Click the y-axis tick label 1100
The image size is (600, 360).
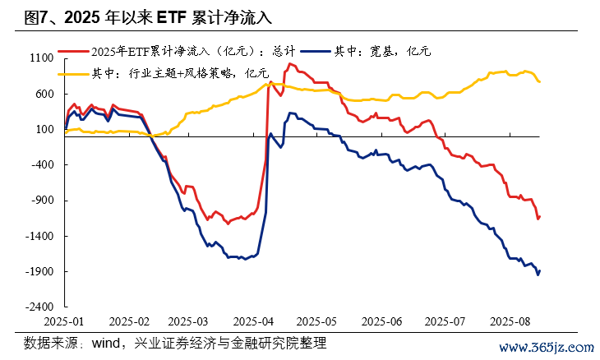point(42,58)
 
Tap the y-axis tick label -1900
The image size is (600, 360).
point(40,271)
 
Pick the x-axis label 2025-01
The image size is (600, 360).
point(64,321)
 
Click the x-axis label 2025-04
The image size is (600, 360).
point(254,321)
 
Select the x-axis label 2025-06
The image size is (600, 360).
point(381,321)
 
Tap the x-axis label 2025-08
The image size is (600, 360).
point(509,321)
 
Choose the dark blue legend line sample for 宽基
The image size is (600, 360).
point(316,51)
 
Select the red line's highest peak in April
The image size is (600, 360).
point(289,63)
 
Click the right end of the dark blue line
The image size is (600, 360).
point(540,270)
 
